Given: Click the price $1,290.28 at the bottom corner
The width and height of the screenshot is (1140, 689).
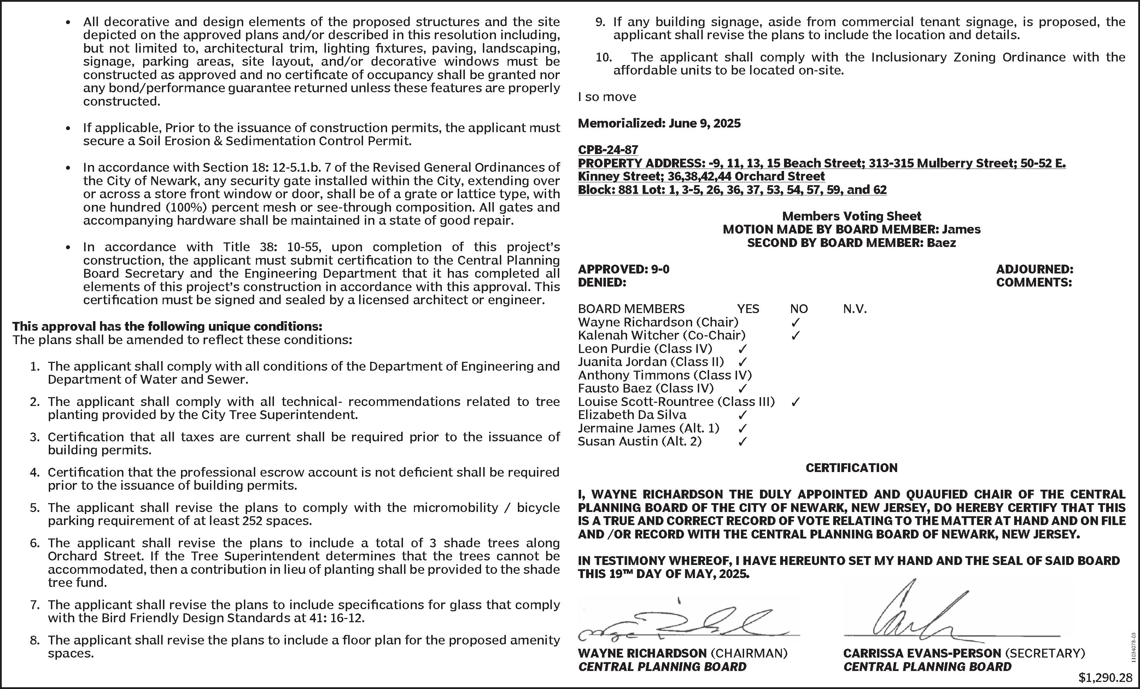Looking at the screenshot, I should [x=1105, y=677].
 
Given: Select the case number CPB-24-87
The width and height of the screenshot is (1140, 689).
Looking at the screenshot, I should [x=608, y=150].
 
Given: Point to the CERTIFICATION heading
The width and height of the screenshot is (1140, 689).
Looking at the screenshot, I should [x=851, y=468].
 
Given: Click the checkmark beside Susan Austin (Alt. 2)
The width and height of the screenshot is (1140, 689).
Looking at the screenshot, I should [x=742, y=442].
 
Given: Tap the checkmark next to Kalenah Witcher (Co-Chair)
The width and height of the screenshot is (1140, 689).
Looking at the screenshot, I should [x=795, y=336].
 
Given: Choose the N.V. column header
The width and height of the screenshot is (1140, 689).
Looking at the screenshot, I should [x=854, y=309].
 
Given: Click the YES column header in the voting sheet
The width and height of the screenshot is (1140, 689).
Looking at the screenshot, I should [x=748, y=309].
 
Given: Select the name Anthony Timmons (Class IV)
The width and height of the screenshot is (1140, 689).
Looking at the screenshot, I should [x=665, y=375].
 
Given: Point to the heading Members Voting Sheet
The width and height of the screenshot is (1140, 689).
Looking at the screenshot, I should [x=851, y=216].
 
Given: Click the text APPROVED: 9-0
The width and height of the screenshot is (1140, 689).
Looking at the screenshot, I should [x=623, y=269].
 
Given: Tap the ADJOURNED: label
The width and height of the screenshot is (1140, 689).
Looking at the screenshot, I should [x=1035, y=269].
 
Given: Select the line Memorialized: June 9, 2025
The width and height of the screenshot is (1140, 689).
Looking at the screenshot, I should [x=659, y=123].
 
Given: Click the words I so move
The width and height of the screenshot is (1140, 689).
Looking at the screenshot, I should [x=607, y=97].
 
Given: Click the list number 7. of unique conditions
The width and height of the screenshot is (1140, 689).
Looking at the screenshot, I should [x=35, y=605].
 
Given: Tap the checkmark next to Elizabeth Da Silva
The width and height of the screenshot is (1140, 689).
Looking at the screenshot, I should [x=742, y=415].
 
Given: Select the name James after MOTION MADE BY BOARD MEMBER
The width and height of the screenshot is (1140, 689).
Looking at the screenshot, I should [x=961, y=229].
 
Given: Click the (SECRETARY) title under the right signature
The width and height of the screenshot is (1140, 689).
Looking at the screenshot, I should [x=1045, y=653].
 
